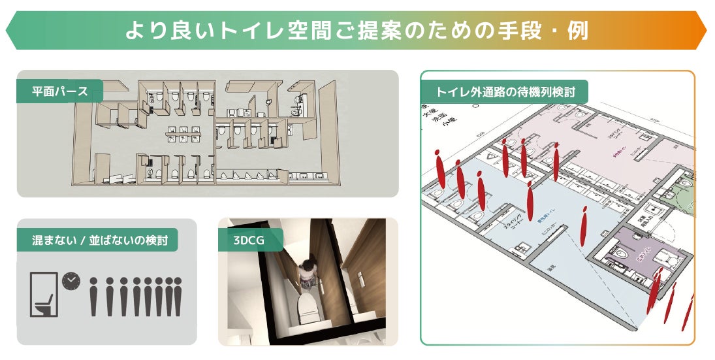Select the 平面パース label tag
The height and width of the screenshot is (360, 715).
tap(59, 91)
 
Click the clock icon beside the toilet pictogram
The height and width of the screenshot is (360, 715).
tap(70, 281)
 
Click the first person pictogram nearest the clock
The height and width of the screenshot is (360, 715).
tap(93, 297)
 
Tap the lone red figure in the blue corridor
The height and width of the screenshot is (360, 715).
tap(584, 226)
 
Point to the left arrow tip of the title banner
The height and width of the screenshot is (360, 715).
tap(7, 31)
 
